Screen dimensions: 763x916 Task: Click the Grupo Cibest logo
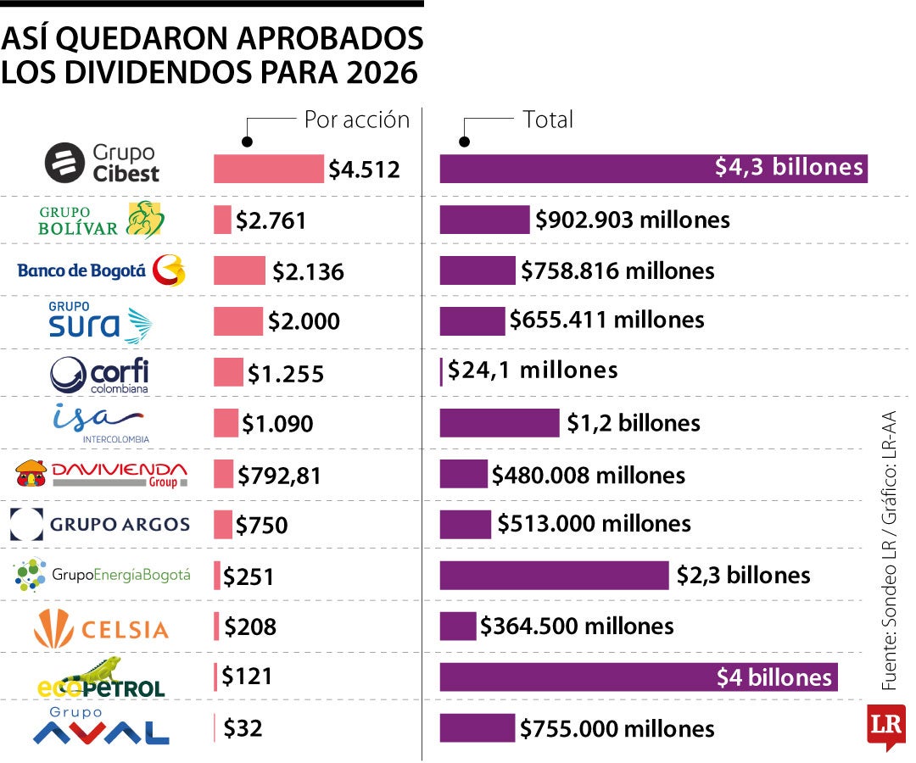coord(102,163)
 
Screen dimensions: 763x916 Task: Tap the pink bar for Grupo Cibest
coord(268,169)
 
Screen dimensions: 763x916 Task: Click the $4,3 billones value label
coord(789,168)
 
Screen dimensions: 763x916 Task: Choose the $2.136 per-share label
coord(308,272)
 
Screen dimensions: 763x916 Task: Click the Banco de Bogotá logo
coord(100,271)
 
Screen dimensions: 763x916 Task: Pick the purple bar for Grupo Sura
coord(472,321)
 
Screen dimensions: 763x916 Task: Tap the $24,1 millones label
coord(533,370)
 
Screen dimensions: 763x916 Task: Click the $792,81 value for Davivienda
coord(279,476)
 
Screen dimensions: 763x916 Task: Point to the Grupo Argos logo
coord(100,525)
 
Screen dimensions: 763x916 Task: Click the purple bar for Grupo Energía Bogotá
coord(554,576)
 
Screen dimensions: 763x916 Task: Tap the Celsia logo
coord(101,628)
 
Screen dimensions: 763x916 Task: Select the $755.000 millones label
coord(617,728)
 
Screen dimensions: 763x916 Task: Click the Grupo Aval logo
coord(100,727)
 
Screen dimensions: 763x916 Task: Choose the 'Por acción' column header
coord(356,120)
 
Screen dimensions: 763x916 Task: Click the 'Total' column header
coord(548,120)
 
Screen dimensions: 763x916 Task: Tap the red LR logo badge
coord(885,726)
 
